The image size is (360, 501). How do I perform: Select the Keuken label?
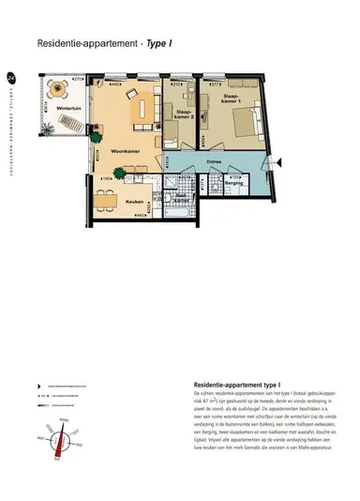(x=133, y=200)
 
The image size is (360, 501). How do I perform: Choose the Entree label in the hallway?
(x=213, y=162)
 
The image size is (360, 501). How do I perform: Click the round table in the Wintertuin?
(x=58, y=93)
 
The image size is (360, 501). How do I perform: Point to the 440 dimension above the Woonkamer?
(x=115, y=83)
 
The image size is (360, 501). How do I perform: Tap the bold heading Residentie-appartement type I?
(x=224, y=386)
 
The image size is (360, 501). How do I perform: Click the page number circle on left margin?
(x=10, y=78)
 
